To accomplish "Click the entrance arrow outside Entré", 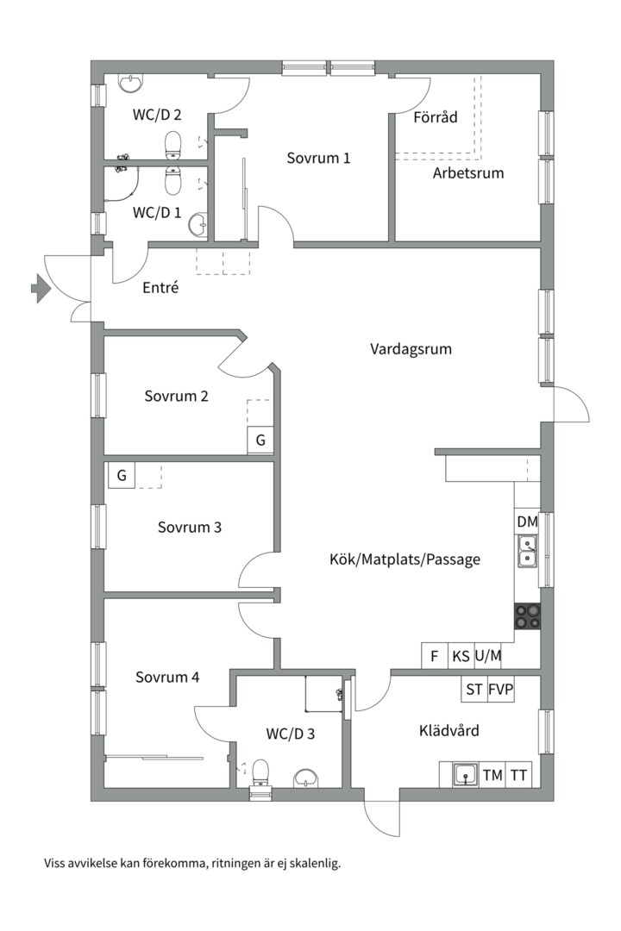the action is click(x=40, y=288).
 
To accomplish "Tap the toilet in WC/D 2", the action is click(x=172, y=145).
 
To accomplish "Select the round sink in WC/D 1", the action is click(x=198, y=225).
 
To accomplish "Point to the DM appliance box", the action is click(x=527, y=522).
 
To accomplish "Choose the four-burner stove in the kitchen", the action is click(x=527, y=615).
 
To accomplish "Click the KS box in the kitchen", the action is click(x=461, y=656).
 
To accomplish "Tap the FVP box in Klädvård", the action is click(x=500, y=690).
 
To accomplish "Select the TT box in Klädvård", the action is click(x=518, y=775).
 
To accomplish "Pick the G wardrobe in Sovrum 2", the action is click(x=260, y=441).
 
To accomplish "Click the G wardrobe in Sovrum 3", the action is click(x=122, y=475).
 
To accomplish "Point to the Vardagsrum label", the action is click(x=411, y=348).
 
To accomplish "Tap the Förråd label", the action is click(x=436, y=117).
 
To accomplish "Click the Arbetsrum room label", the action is click(x=468, y=173).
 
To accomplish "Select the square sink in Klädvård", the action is click(x=466, y=775).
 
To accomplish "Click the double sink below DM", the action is click(x=527, y=551).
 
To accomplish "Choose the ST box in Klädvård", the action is click(x=474, y=690).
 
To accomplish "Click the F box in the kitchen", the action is click(x=435, y=656).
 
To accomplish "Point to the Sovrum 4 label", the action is click(x=167, y=677).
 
